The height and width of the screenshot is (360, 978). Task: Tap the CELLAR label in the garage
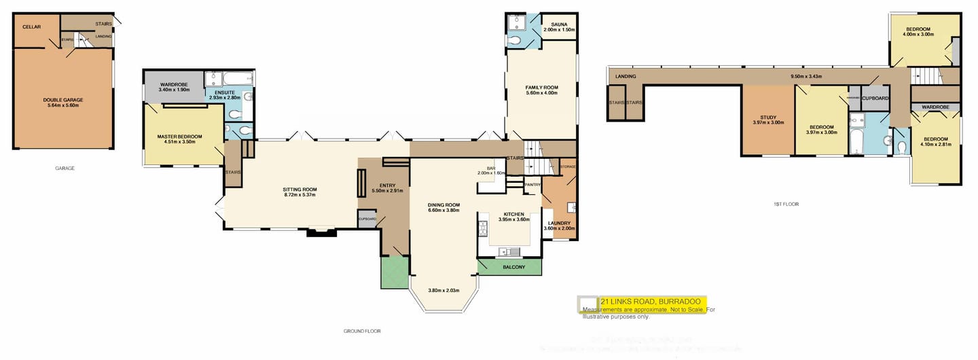click(x=31, y=26)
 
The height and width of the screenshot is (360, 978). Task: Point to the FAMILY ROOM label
click(x=541, y=88)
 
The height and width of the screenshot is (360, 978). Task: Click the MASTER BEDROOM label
click(x=176, y=137)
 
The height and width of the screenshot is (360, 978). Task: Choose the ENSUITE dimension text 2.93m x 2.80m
click(x=224, y=98)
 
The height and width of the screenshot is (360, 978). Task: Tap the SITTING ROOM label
click(x=300, y=190)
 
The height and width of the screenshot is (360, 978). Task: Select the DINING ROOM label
click(x=443, y=204)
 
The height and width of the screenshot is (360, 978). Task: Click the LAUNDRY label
click(x=559, y=223)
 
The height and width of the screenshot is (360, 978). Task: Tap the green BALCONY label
click(x=513, y=267)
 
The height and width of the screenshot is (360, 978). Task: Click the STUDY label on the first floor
click(x=768, y=117)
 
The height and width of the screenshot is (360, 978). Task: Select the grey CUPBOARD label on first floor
click(x=875, y=97)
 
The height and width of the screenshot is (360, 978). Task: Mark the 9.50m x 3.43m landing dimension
click(x=807, y=76)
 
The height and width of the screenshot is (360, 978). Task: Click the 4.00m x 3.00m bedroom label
click(x=916, y=33)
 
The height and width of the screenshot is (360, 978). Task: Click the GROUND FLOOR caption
click(x=361, y=331)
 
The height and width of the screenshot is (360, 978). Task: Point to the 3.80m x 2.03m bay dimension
click(x=444, y=291)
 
